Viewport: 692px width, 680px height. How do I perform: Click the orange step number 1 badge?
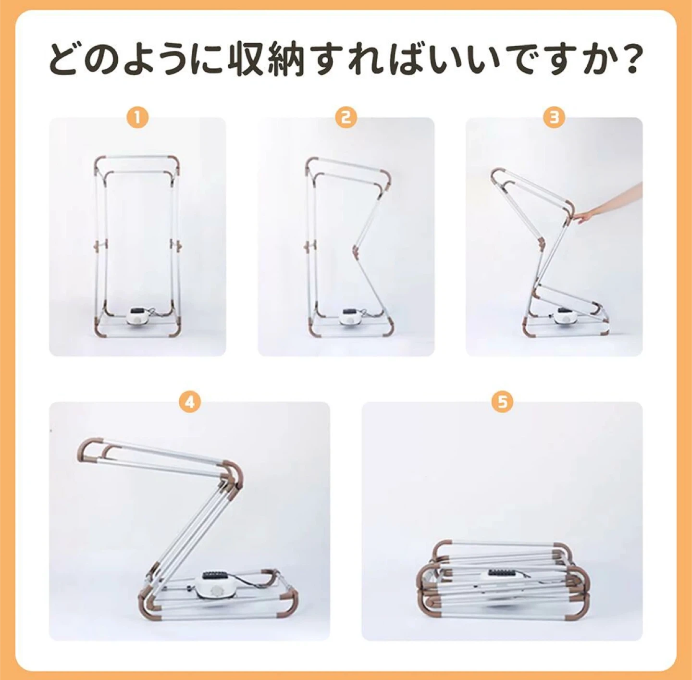coord(138,117)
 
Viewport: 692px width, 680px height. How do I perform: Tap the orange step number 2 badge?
coord(346,117)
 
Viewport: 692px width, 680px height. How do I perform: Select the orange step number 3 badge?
coord(554,117)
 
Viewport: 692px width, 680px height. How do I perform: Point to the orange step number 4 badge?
coord(190,402)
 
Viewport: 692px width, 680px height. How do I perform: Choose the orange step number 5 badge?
coord(502,402)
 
